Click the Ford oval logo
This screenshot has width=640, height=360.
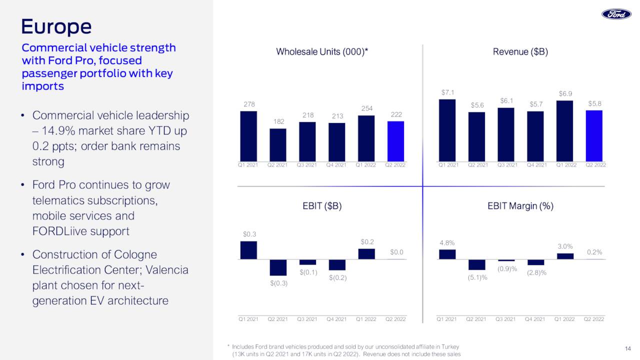coord(616,14)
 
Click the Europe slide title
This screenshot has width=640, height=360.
coord(56,26)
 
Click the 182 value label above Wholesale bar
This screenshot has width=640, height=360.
coord(278,122)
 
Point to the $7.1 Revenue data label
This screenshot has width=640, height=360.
coord(447,92)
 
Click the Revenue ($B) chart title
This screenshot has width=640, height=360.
coord(520,51)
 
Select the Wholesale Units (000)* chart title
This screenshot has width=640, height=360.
coord(322,51)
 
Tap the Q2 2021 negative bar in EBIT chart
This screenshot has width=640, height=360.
coord(278,267)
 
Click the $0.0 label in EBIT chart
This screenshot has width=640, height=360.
coord(396,252)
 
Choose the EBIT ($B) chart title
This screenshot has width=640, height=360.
coord(322,206)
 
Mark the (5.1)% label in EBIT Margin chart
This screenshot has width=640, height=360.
coord(477,277)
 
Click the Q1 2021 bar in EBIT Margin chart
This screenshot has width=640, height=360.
coord(447,254)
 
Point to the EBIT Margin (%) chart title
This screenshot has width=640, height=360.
coord(520,206)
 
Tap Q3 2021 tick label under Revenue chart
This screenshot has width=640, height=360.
coord(507,165)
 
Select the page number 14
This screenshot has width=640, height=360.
coord(628,348)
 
